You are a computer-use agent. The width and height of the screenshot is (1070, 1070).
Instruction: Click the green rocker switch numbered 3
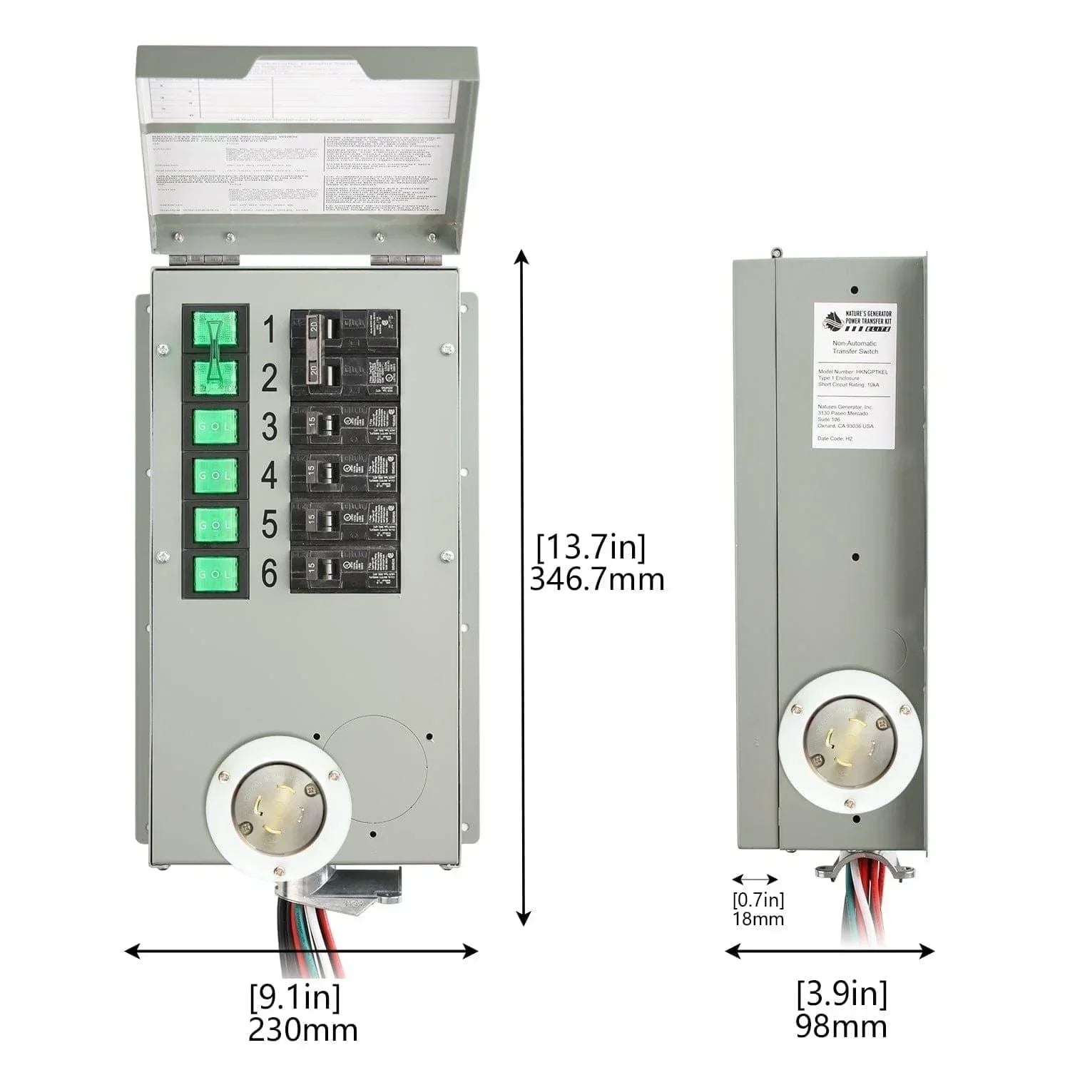[215, 426]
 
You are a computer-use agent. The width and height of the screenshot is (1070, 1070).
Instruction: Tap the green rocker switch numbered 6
[215, 574]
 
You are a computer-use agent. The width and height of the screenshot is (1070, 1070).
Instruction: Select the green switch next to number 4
[215, 475]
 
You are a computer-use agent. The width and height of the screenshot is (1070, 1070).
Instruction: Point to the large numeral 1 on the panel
[268, 330]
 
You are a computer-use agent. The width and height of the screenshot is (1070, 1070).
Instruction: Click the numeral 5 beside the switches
[269, 525]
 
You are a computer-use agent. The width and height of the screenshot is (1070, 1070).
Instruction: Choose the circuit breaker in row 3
[344, 427]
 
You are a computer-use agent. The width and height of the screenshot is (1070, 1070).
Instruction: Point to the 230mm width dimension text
[302, 1029]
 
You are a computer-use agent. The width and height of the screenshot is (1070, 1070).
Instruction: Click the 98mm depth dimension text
[841, 1026]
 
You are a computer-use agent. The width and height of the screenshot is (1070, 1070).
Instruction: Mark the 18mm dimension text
[758, 919]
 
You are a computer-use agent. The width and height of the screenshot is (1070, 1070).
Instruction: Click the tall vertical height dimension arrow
[524, 587]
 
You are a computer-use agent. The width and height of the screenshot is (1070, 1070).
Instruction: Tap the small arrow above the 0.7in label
[755, 880]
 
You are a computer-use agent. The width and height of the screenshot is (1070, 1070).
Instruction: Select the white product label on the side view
[854, 375]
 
